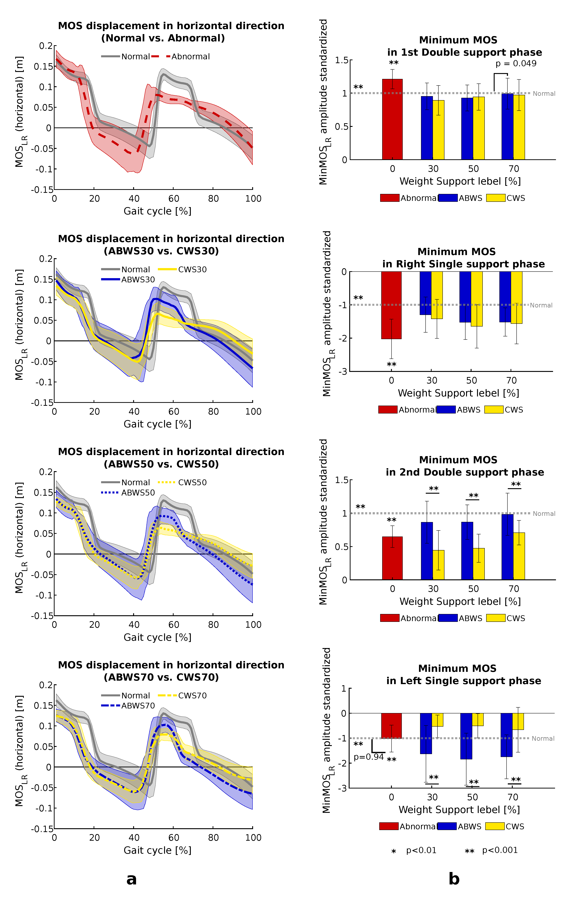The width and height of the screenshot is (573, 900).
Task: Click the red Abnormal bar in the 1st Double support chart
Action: click(392, 120)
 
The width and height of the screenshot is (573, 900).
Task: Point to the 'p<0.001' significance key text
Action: click(500, 850)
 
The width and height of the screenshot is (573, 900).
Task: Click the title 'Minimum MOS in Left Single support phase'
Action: click(463, 675)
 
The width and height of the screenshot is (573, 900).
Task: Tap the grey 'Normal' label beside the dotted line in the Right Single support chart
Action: click(541, 305)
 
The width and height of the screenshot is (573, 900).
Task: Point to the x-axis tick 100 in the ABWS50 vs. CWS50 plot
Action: click(253, 625)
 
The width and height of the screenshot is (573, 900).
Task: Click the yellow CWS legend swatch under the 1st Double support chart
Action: click(496, 198)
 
